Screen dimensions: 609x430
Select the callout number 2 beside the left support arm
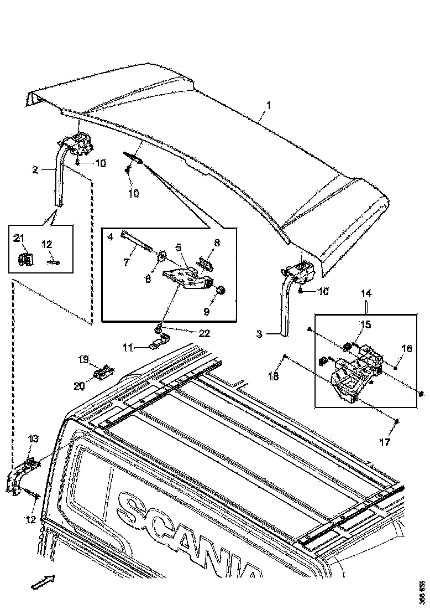(35, 170)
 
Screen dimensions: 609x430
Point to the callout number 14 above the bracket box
(366, 293)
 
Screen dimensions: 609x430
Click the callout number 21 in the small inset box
(19, 239)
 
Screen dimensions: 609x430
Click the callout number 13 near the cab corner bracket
(33, 438)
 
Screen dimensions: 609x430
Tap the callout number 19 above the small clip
(83, 359)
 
